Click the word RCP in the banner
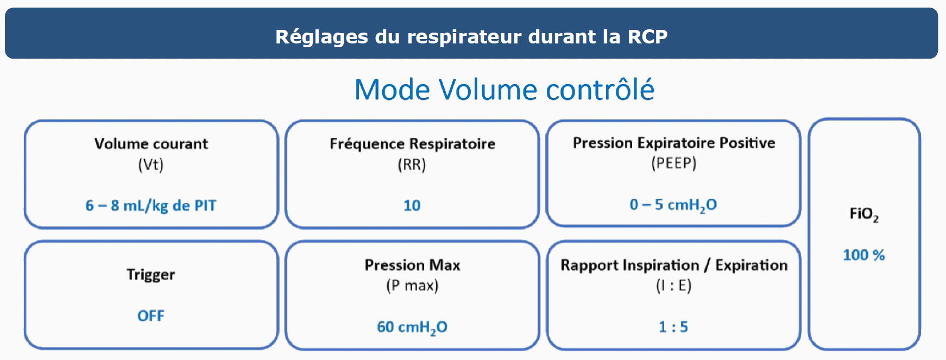647,36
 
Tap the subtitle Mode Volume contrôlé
504,90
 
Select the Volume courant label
151,144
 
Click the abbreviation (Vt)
151,164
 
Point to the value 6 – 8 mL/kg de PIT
151,206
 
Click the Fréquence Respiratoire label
412,144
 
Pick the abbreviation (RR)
412,164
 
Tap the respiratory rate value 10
412,206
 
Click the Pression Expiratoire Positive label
674,143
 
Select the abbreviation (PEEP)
673,163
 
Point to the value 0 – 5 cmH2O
673,205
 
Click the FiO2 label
863,214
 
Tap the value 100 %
863,255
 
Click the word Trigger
151,275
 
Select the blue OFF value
151,316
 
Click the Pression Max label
412,265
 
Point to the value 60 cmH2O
412,327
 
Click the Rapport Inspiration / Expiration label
674,265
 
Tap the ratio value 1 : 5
673,327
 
